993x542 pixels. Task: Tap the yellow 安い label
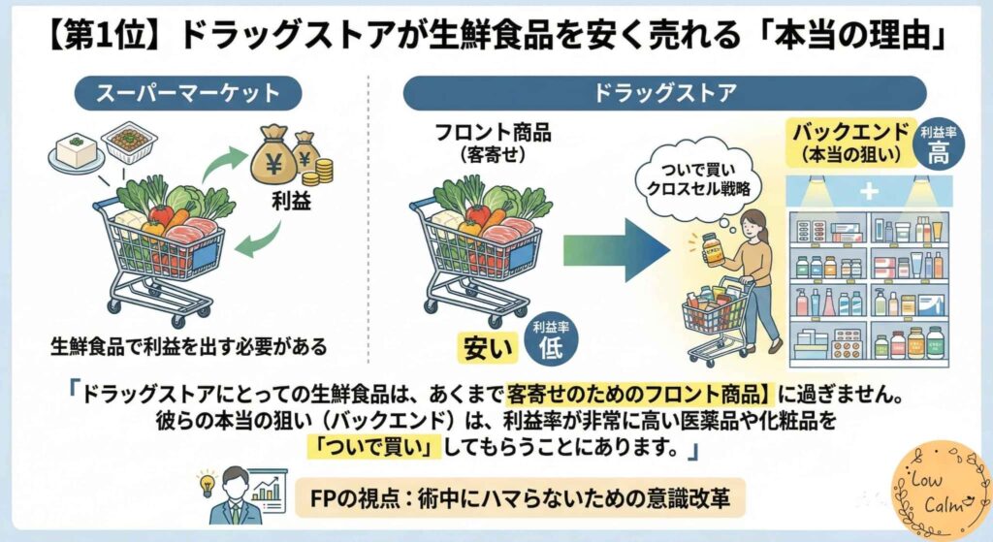pos(486,344)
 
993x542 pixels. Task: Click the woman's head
pos(753,224)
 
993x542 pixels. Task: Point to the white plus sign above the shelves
pos(868,192)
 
